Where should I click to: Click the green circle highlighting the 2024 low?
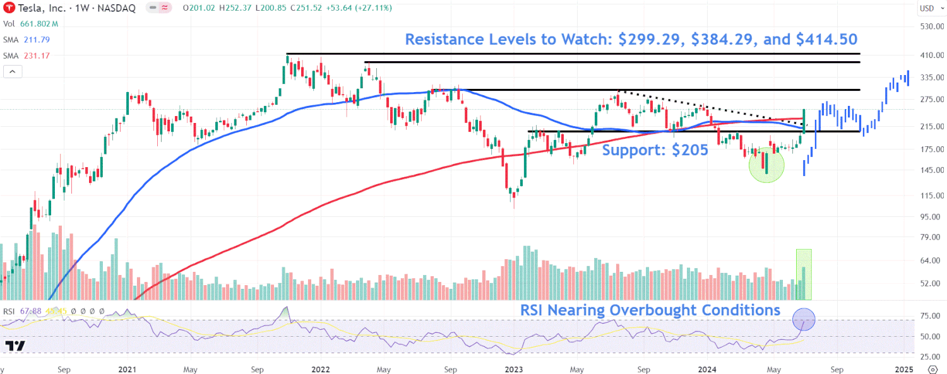(x=766, y=165)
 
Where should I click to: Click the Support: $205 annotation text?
(x=654, y=150)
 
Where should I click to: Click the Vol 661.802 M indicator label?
(x=30, y=24)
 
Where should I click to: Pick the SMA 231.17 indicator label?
(x=27, y=56)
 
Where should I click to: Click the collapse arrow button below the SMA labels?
(x=13, y=72)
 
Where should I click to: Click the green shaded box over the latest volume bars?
(x=803, y=274)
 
